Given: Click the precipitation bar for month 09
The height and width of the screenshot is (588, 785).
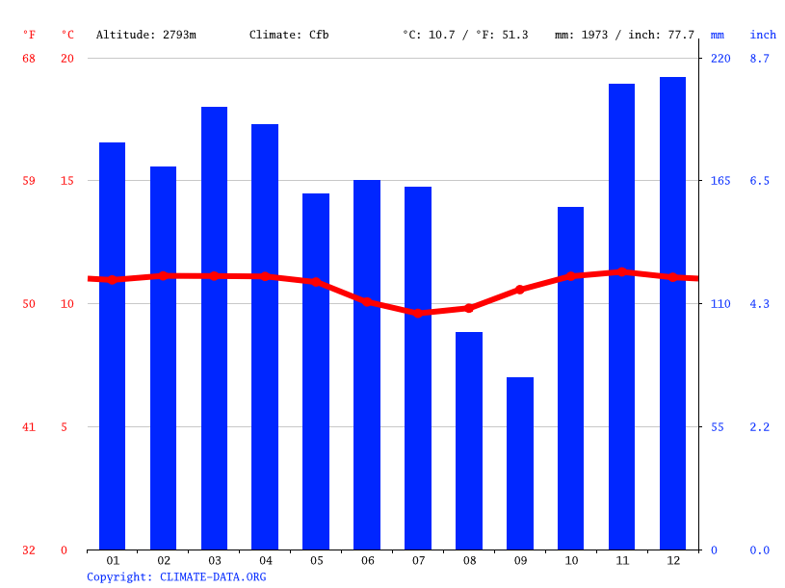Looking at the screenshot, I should point(520,463).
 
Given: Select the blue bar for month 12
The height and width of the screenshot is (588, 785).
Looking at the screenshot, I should point(672,313).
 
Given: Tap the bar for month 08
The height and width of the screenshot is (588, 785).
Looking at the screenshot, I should point(469,441).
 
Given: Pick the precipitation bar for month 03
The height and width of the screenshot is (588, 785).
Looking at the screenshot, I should point(214,327).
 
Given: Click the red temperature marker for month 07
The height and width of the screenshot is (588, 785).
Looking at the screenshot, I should point(418,313).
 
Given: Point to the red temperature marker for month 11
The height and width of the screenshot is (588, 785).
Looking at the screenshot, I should point(622,271).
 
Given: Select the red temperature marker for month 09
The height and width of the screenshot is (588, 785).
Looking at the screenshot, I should point(520,290).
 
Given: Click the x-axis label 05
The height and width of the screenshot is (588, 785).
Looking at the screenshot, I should point(316,560).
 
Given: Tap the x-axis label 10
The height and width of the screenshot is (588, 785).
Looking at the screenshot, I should point(571,560).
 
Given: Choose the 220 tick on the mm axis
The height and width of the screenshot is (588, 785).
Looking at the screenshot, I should point(720,58).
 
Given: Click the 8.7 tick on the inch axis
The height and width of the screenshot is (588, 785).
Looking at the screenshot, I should point(760,58).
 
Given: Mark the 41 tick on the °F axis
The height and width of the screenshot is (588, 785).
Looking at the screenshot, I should point(29,426).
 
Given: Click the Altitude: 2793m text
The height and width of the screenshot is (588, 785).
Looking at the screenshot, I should point(146,35).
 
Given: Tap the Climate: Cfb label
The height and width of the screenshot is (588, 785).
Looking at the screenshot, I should point(289,35).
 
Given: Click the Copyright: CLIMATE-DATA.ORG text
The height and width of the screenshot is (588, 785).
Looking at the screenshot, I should point(176,576).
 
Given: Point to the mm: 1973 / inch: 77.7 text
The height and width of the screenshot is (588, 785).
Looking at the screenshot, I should point(624,35).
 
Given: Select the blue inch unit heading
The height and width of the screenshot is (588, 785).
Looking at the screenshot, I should point(763,35).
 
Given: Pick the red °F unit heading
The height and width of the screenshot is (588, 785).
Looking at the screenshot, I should point(29,35).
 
